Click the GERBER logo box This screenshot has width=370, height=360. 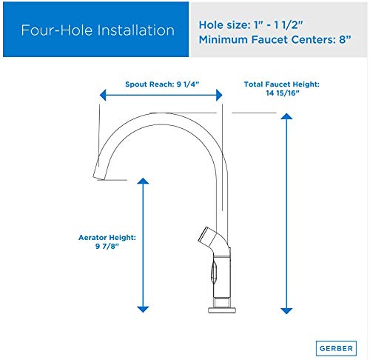coord(336,348)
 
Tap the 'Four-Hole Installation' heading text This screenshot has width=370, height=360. coord(98,30)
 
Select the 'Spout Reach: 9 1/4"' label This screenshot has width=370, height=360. coord(162,84)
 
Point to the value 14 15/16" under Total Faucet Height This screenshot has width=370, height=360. coord(283,93)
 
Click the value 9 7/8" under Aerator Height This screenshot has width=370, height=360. coord(107,246)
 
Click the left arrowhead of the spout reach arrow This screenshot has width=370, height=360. coord(103,95)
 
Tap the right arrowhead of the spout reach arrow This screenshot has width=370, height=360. coord(219,95)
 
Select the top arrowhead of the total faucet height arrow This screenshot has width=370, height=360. coord(286,116)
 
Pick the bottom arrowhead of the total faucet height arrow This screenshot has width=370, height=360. coord(286,311)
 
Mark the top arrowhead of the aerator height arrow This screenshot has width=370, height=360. coord(143,181)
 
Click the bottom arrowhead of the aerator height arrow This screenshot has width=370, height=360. coord(143,309)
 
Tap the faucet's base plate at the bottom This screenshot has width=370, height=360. coord(222,310)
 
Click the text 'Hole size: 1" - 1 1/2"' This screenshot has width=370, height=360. coord(251,25)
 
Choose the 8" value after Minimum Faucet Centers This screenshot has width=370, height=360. coord(345,39)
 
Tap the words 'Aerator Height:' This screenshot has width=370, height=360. coord(107,238)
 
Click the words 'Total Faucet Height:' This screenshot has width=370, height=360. coord(282,84)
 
